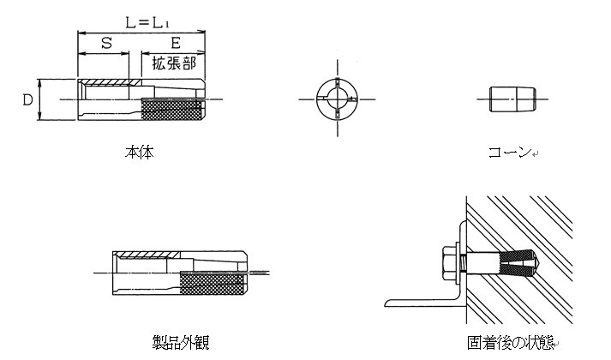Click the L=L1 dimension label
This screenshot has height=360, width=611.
click(147, 22)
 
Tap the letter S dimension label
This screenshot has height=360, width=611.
click(106, 43)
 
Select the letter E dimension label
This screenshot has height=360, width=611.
click(176, 43)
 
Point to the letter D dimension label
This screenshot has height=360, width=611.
click(27, 100)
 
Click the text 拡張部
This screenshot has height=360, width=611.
click(174, 63)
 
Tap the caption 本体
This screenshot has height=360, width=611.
click(139, 153)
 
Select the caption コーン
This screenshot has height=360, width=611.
click(510, 152)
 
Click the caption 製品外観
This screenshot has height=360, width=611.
click(181, 342)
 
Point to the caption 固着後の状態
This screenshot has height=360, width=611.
click(511, 343)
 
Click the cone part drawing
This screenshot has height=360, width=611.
click(512, 99)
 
